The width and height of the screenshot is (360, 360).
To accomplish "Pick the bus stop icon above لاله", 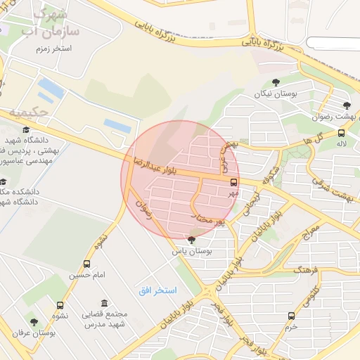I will (x=341, y=132).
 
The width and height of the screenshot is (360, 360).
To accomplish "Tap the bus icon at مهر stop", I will (x=233, y=181).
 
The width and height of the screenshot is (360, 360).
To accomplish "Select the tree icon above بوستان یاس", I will (x=191, y=240).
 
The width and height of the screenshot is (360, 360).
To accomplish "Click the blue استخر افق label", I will (x=157, y=290).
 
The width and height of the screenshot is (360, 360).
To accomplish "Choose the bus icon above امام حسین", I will (x=86, y=264).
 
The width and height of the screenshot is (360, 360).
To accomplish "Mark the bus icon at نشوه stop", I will (x=60, y=306).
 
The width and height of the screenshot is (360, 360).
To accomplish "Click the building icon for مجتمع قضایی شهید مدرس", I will (x=105, y=303).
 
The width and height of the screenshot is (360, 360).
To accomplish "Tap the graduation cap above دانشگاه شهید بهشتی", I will (x=27, y=130).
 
